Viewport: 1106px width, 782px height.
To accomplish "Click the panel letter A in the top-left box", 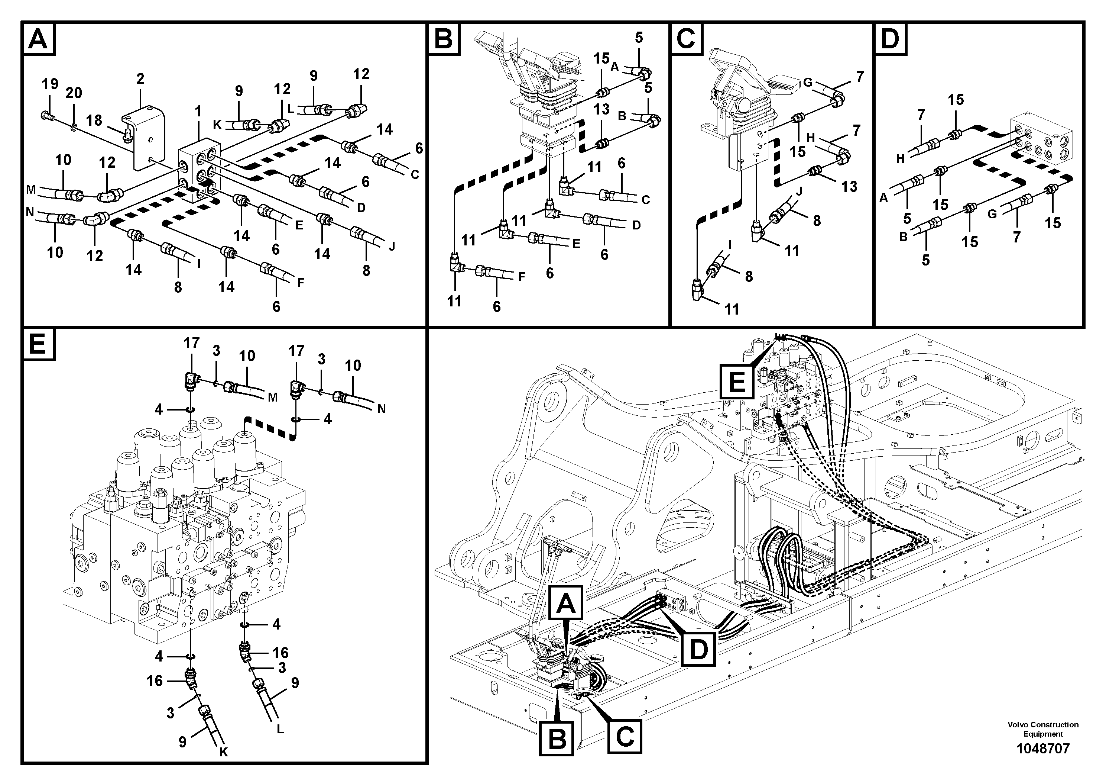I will [38, 39].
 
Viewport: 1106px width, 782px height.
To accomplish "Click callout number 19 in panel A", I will [50, 84].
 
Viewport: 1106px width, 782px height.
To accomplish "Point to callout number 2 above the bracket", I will [140, 78].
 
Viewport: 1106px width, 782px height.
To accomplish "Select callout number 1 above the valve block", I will [198, 112].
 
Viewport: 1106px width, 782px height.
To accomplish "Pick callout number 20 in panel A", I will [74, 93].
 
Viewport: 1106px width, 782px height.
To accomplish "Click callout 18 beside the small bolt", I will [94, 120].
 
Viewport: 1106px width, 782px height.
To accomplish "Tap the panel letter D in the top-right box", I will [890, 39].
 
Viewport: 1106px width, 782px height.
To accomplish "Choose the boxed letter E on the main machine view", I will [737, 382].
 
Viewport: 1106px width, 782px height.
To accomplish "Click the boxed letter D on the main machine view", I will [698, 649].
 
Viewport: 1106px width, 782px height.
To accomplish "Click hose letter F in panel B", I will [521, 277].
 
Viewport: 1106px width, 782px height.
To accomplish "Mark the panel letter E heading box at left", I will [38, 345].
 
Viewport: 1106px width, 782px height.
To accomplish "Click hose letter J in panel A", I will [392, 247].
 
